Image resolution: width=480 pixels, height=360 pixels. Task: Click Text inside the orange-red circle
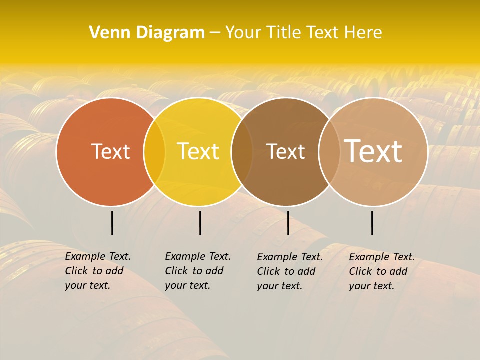tap(110, 151)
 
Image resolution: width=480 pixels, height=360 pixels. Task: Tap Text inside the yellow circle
tap(198, 151)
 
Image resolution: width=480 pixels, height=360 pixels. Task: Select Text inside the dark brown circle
tap(285, 151)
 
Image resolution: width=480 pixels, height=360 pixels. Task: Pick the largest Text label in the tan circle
tap(373, 151)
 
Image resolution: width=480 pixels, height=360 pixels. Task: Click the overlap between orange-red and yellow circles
tap(154, 152)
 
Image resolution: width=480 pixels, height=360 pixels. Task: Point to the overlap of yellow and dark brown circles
tap(242, 152)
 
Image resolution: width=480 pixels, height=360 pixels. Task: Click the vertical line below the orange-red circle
tap(112, 223)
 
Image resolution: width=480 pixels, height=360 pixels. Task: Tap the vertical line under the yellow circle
tap(200, 223)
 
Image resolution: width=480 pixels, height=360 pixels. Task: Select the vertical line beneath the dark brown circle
tap(288, 223)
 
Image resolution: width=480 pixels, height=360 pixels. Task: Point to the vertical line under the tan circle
tap(372, 223)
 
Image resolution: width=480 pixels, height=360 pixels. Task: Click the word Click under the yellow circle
tap(176, 271)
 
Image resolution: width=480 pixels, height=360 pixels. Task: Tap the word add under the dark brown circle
tap(307, 271)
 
